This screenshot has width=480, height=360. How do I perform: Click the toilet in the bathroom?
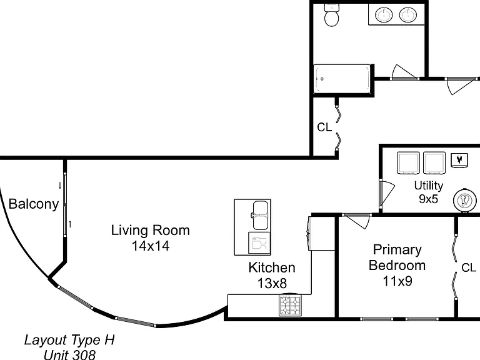point(331,15)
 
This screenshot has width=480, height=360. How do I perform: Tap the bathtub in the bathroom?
point(342,79)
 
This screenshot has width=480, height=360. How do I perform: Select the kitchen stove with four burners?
point(290,305)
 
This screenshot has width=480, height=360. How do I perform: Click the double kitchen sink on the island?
point(260,215)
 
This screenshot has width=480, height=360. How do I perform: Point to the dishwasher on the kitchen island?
point(259,243)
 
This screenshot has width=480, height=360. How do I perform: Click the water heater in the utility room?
point(465,201)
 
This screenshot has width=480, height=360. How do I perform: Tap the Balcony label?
point(34,204)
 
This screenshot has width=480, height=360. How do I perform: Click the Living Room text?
point(150,230)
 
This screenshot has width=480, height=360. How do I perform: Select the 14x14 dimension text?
point(150,246)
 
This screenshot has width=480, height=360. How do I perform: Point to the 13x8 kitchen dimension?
point(272,283)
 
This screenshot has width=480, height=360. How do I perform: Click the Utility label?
point(429,186)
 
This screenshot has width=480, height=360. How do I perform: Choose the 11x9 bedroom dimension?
point(397,281)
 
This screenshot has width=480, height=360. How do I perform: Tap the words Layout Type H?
point(69,340)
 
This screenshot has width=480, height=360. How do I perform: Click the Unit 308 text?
point(69,354)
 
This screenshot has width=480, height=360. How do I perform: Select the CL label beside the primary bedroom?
point(469,268)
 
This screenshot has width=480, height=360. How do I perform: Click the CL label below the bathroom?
point(324,127)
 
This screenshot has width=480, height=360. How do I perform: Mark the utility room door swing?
point(386,194)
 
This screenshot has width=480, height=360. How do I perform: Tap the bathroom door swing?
point(404,72)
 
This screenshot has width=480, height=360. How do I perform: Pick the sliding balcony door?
point(65,204)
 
